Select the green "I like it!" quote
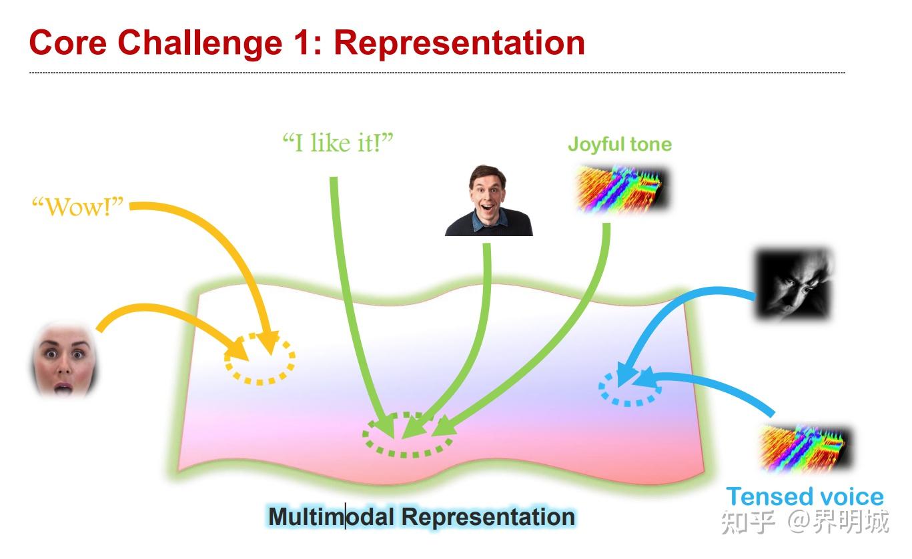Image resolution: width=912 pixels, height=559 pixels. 338,143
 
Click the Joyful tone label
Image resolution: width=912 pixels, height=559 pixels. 619,144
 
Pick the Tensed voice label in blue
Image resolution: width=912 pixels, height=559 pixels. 805,496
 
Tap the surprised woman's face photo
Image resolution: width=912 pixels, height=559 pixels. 64,360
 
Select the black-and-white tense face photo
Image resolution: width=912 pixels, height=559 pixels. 793,284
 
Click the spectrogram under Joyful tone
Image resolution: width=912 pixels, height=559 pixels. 622,189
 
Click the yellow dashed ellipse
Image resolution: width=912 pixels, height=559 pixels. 260,359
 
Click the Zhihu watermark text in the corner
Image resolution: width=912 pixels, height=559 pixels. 804,523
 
